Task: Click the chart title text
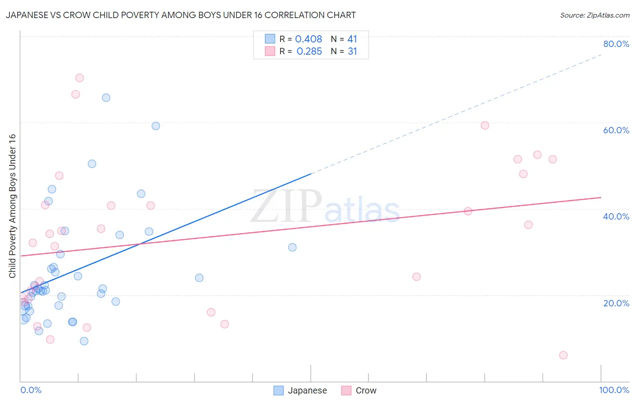pos(181,15)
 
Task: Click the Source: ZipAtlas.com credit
pos(594,15)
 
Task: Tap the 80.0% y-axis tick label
pos(616,44)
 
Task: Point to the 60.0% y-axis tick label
pos(616,130)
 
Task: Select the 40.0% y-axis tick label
pos(616,216)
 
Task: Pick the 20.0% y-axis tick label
pos(616,303)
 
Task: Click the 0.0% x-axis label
pos(31,390)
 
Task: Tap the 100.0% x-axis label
pos(614,390)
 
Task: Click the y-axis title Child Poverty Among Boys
pos(12,206)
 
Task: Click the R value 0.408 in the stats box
pos(308,39)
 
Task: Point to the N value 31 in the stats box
pos(352,52)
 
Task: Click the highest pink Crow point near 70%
pos(79,78)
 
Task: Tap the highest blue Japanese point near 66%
pos(106,98)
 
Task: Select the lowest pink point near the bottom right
pos(563,355)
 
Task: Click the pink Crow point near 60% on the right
pos(485,126)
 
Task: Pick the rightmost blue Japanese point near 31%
pos(293,247)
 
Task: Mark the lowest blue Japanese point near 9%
pos(84,341)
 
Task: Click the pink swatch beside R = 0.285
pos(270,51)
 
